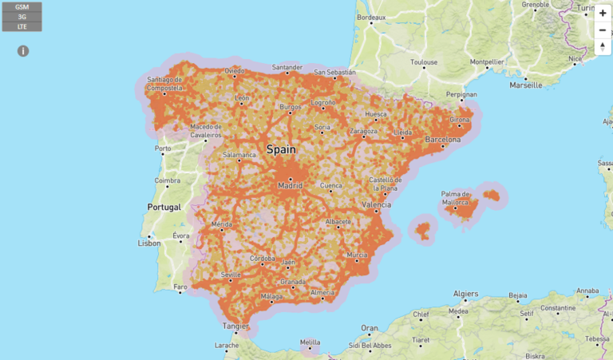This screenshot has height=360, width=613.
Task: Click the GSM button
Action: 22,6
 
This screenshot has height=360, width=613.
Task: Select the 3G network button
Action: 22,16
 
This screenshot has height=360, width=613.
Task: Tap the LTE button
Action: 22,26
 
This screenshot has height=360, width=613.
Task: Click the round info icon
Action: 23,51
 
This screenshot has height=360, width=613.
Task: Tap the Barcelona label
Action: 442,140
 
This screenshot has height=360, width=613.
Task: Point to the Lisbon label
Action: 149,243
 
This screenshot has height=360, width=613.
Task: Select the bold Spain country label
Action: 281,149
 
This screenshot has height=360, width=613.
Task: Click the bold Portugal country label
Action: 164,207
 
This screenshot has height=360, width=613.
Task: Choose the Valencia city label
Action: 377,204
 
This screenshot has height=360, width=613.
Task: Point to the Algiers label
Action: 464,293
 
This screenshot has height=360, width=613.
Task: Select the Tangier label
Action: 235,326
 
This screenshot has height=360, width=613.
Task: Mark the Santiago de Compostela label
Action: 166,84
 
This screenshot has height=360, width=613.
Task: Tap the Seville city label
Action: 231,275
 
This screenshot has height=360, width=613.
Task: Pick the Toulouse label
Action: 424,61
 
